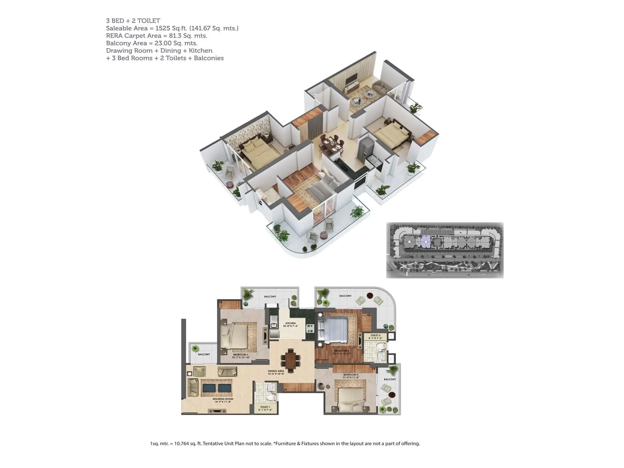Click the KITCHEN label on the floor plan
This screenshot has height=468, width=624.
(x=290, y=323)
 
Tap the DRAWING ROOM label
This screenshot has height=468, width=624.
(x=223, y=399)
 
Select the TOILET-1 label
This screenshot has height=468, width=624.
(x=265, y=407)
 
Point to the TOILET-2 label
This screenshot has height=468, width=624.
(x=375, y=335)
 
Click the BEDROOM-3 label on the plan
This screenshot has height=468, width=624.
(x=351, y=375)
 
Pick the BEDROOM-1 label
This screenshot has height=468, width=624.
(x=241, y=355)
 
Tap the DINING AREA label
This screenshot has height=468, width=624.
(x=276, y=371)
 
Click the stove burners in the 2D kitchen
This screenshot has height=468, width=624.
(x=310, y=328)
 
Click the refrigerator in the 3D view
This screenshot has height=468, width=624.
(x=365, y=148)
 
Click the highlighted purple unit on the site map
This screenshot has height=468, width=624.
(x=425, y=242)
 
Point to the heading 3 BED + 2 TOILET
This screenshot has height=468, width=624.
(x=133, y=21)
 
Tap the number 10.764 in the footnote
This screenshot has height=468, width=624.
(x=181, y=443)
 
